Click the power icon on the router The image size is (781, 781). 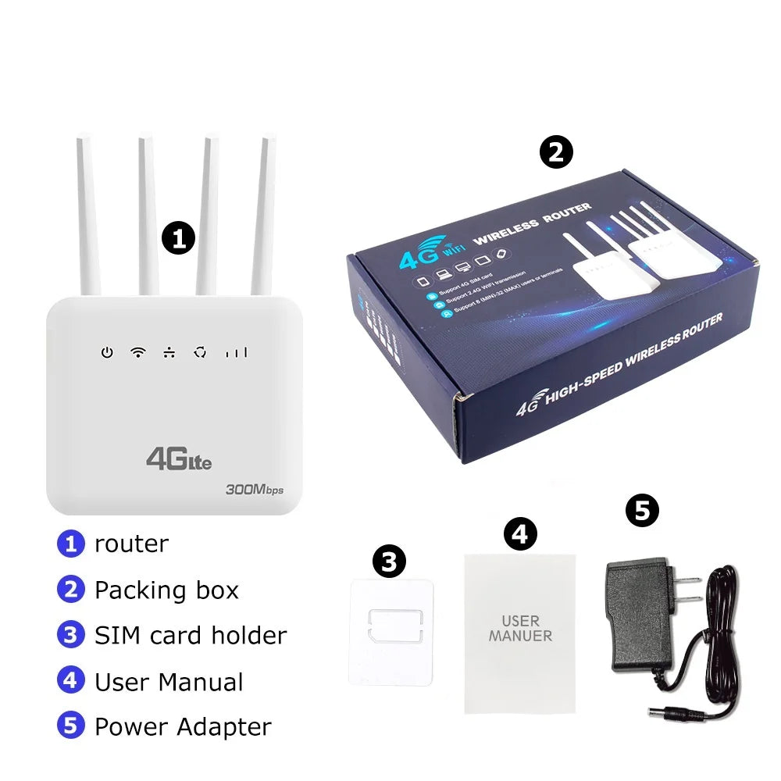[106, 353]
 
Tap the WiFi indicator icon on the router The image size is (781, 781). [138, 352]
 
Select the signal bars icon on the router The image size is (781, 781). [236, 353]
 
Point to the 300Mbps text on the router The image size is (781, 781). [254, 490]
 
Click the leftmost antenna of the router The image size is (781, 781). [87, 219]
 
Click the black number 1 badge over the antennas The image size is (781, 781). [179, 238]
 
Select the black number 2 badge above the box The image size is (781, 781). [556, 152]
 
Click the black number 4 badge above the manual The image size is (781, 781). [520, 535]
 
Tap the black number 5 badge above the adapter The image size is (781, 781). [642, 512]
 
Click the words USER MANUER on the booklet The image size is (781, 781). [520, 629]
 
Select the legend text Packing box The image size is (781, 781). [166, 590]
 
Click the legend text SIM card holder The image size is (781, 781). [191, 636]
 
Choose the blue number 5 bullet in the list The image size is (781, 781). [70, 726]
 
